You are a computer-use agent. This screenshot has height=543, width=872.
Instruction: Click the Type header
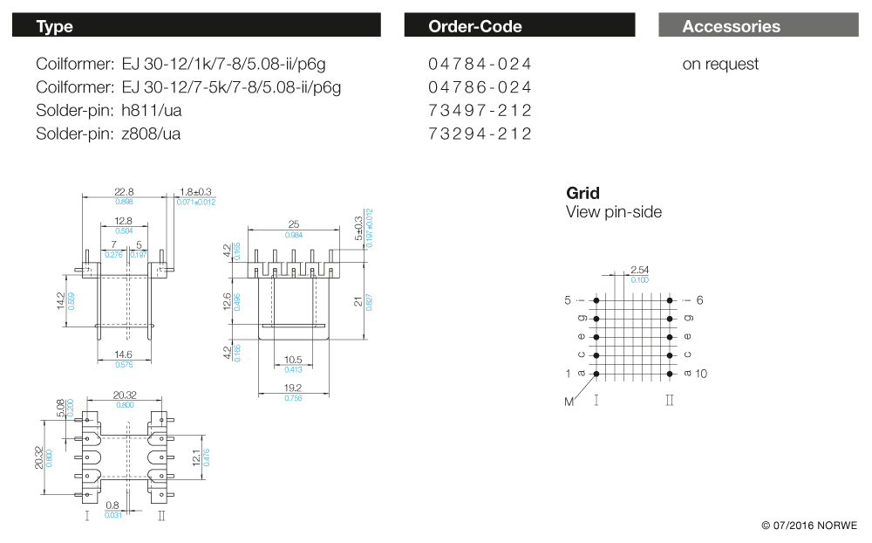click(x=55, y=26)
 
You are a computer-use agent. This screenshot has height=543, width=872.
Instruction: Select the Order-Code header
click(x=474, y=26)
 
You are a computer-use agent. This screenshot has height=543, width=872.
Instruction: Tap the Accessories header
click(x=731, y=26)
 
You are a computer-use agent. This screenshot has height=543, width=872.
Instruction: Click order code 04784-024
click(x=480, y=64)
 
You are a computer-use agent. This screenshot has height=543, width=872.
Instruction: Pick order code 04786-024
click(x=480, y=87)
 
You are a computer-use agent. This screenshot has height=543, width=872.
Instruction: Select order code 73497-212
click(x=480, y=111)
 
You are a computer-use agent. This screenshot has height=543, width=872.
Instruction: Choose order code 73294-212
click(x=480, y=134)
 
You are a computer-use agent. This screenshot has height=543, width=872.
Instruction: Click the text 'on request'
click(x=720, y=64)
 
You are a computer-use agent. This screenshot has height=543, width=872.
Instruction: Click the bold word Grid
click(x=582, y=193)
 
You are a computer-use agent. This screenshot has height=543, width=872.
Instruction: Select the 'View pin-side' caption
click(x=614, y=212)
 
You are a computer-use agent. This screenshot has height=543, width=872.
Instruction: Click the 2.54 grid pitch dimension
click(x=639, y=270)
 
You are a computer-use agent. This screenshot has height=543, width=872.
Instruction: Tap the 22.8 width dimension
click(x=124, y=192)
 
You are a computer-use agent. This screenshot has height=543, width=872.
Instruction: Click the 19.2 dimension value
click(x=292, y=388)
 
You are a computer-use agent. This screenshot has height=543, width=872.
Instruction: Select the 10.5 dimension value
click(x=292, y=361)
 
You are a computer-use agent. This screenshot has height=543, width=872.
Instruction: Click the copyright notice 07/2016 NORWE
click(x=809, y=526)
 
